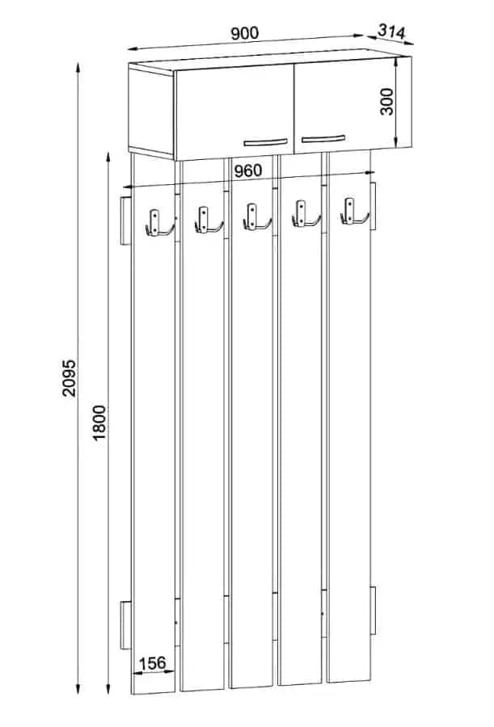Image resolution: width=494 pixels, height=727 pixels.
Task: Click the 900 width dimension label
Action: (x=245, y=33)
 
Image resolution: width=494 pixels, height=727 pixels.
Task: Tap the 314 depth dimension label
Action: (x=391, y=31)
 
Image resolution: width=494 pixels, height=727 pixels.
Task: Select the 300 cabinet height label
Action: (x=386, y=102)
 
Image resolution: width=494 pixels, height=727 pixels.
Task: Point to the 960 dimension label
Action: (x=248, y=171)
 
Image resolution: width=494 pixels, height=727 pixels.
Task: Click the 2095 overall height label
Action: (x=69, y=377)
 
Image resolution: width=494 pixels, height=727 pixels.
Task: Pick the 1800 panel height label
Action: (x=99, y=422)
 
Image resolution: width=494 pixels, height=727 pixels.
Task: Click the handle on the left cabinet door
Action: (x=265, y=142)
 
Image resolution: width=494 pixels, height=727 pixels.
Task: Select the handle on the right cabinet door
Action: (x=323, y=139)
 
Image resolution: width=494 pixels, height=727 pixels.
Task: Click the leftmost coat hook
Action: (x=158, y=223)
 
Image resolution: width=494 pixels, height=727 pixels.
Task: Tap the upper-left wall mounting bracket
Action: (x=125, y=221)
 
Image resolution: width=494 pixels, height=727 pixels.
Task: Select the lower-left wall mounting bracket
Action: (x=125, y=625)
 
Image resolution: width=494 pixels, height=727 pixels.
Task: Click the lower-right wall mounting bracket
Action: (x=373, y=610)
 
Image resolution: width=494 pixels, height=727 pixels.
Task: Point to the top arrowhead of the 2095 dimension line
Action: (x=78, y=68)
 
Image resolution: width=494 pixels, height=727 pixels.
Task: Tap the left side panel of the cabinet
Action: (x=151, y=110)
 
